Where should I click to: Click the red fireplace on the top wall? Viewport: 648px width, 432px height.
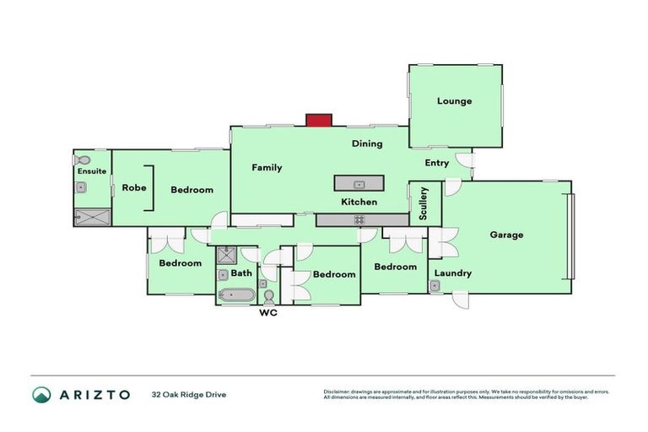point(318,121)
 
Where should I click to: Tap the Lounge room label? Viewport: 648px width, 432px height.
point(454,101)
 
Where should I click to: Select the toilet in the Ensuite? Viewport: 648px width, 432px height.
point(83,159)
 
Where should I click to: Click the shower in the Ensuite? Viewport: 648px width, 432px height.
point(92,216)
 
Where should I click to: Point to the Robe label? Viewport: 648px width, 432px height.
point(135,188)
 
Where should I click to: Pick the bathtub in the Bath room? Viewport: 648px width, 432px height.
point(236,295)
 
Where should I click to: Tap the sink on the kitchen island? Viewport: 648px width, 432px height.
point(359,183)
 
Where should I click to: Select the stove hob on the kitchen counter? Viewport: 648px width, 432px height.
point(359,219)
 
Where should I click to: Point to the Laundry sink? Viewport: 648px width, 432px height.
point(435,287)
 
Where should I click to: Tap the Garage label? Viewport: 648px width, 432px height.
point(506,235)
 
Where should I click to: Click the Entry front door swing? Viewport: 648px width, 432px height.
point(463,159)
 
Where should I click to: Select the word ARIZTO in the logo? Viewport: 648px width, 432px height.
point(94,394)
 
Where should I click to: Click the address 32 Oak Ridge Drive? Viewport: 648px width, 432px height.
point(189,394)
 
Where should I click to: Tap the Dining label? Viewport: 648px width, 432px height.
point(367,143)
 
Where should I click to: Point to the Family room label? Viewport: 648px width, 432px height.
point(267,168)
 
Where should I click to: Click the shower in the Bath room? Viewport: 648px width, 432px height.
point(225,256)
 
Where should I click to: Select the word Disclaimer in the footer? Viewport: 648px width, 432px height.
point(337,391)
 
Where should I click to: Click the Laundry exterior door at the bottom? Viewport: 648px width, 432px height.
point(460,299)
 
